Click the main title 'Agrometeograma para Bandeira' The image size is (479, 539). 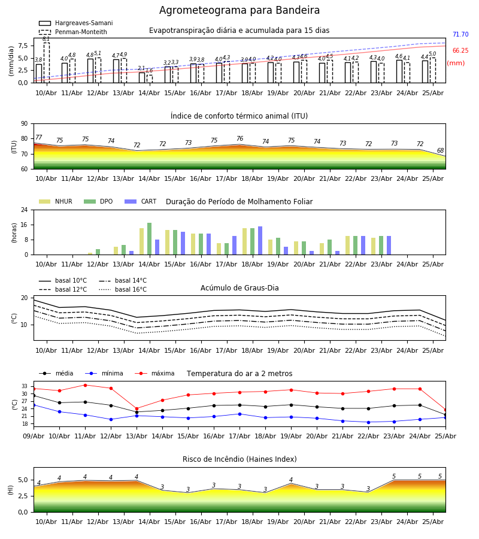[239, 10]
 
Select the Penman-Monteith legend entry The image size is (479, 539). [73, 32]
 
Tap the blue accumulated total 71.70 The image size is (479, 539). [460, 34]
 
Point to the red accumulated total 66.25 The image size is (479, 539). [460, 50]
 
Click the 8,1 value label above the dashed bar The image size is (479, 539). [46, 39]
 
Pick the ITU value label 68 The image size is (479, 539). [440, 150]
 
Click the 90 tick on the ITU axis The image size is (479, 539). [25, 124]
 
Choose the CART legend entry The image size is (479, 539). [141, 201]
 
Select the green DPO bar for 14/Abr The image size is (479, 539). [150, 239]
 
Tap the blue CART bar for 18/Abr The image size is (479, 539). [260, 241]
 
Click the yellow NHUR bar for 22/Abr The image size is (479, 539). [348, 246]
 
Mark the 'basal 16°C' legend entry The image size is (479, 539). [123, 289]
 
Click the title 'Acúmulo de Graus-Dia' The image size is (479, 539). [239, 288]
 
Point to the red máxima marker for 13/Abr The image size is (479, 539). [137, 408]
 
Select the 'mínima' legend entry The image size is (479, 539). [104, 373]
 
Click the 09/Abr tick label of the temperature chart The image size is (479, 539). [34, 436]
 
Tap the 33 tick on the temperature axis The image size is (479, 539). [25, 386]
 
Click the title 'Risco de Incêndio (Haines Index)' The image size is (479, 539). [239, 459]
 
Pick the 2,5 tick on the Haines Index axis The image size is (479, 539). [23, 496]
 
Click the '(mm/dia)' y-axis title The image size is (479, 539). [11, 61]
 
